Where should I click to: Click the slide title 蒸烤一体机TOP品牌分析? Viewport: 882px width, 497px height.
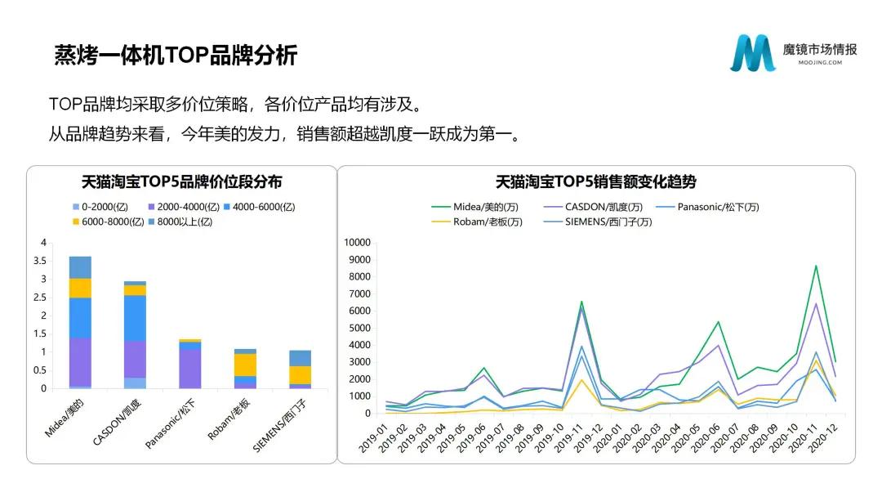(x=176, y=55)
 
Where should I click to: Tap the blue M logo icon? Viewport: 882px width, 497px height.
(x=753, y=53)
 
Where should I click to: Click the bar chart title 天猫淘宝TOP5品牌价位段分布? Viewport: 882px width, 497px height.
(x=181, y=181)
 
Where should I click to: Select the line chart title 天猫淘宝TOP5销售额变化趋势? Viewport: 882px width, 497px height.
(x=595, y=181)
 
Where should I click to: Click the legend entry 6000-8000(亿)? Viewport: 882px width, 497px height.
(x=109, y=222)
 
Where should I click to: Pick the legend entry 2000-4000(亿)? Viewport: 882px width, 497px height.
(x=184, y=207)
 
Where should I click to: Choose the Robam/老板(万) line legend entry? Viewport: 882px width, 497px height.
(x=477, y=222)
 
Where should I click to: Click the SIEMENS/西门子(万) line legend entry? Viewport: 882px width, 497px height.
(x=598, y=222)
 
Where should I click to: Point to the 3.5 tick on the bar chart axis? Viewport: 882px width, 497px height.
(x=40, y=261)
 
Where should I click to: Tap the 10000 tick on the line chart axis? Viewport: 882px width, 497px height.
(x=357, y=243)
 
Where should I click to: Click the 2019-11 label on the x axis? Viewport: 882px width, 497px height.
(x=568, y=438)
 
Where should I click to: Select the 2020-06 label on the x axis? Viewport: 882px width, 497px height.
(x=706, y=438)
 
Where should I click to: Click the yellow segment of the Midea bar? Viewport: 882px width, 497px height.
(x=80, y=289)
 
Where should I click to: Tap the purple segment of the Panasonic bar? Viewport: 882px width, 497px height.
(x=190, y=369)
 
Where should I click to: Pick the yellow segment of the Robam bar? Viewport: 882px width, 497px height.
(x=245, y=365)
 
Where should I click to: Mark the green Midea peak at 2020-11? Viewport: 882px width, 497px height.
(x=816, y=266)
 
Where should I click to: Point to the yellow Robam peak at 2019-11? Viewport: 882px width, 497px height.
(x=581, y=380)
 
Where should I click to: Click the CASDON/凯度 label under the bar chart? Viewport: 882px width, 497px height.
(x=117, y=422)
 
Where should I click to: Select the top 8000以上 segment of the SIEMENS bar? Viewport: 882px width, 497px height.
(x=301, y=359)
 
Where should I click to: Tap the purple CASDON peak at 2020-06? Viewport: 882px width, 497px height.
(x=719, y=345)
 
